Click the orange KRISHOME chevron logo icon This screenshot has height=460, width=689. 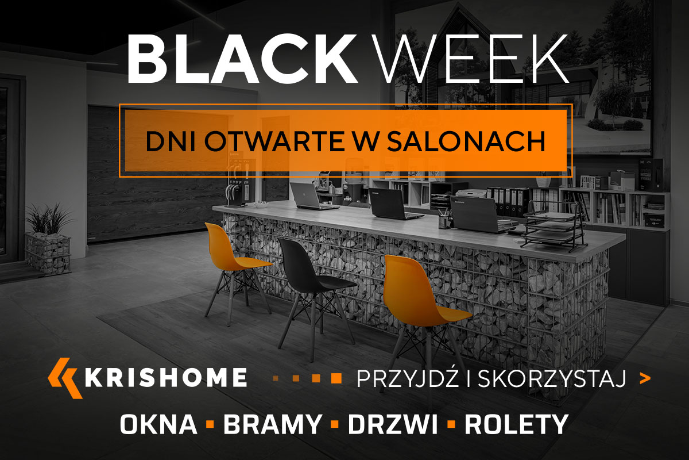[x=64, y=378]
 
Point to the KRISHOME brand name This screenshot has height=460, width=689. [x=167, y=378]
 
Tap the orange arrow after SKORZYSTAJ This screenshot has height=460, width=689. [x=645, y=378]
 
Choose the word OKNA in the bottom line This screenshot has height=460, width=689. [x=158, y=425]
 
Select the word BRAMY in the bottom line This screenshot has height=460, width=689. [x=272, y=425]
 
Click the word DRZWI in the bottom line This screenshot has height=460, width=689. [x=393, y=425]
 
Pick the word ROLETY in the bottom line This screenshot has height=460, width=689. [x=516, y=425]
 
